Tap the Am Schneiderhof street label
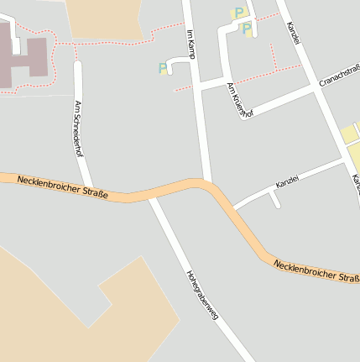(79, 128)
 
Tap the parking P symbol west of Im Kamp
(162, 68)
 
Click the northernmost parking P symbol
(238, 13)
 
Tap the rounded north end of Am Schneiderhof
(78, 66)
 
